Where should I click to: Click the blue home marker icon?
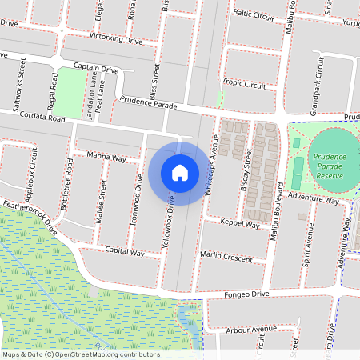point(180,172)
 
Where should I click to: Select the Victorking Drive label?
point(115,39)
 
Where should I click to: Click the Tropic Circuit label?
point(244,84)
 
